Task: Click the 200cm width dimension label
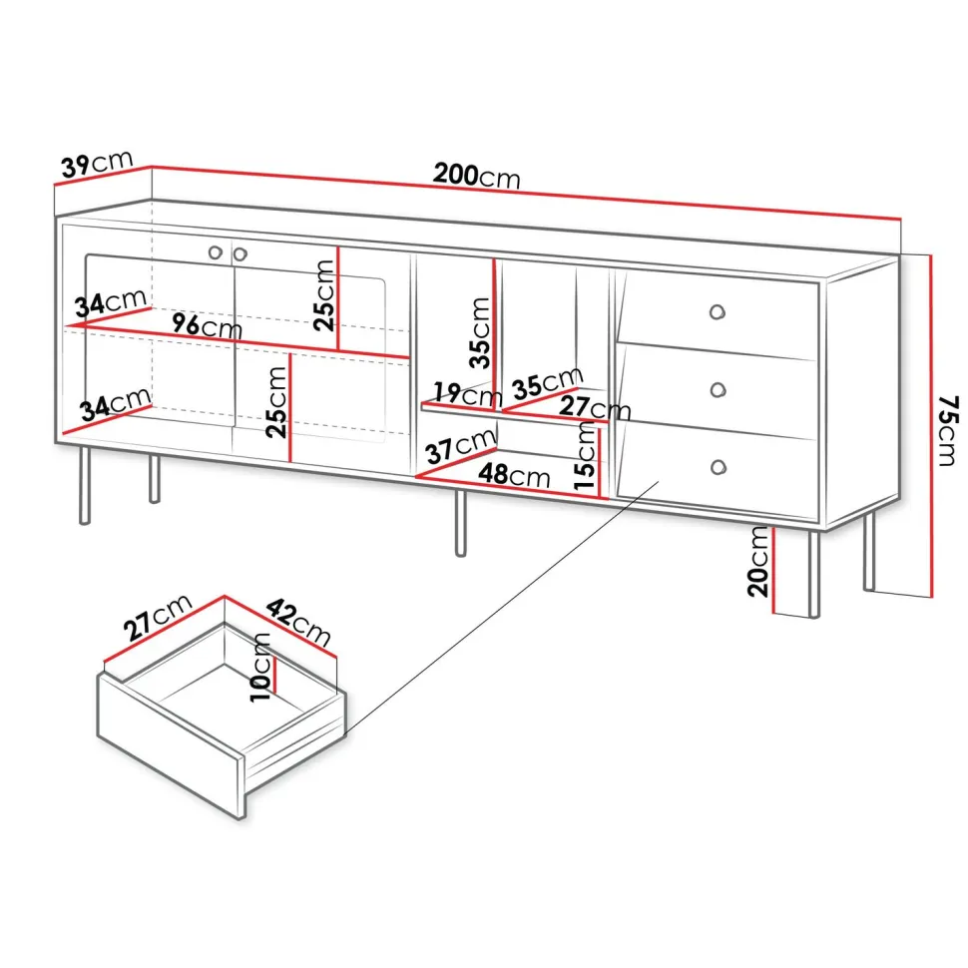tap(477, 176)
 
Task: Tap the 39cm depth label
tap(97, 164)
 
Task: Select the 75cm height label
tap(948, 430)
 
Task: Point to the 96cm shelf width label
tap(207, 325)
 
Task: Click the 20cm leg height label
tap(758, 562)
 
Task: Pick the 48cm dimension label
tap(514, 475)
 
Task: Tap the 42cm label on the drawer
tap(298, 622)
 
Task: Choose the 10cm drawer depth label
tap(261, 667)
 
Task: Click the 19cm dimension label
tap(467, 394)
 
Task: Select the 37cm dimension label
tap(460, 446)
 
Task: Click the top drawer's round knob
tap(717, 311)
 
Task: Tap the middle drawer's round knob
tap(718, 389)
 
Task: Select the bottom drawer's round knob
tap(718, 467)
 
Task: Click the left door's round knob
tap(216, 251)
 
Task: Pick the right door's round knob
tap(241, 253)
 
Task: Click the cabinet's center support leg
tap(460, 524)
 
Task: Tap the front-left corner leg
tap(85, 486)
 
